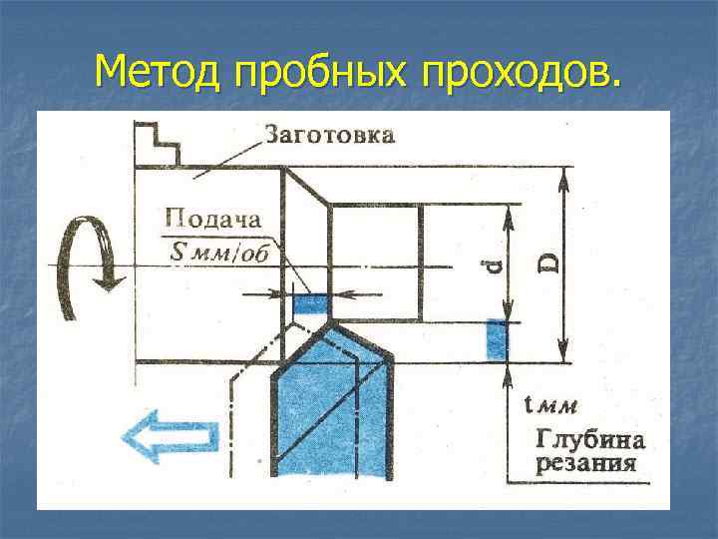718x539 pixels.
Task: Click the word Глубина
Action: pos(591,439)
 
